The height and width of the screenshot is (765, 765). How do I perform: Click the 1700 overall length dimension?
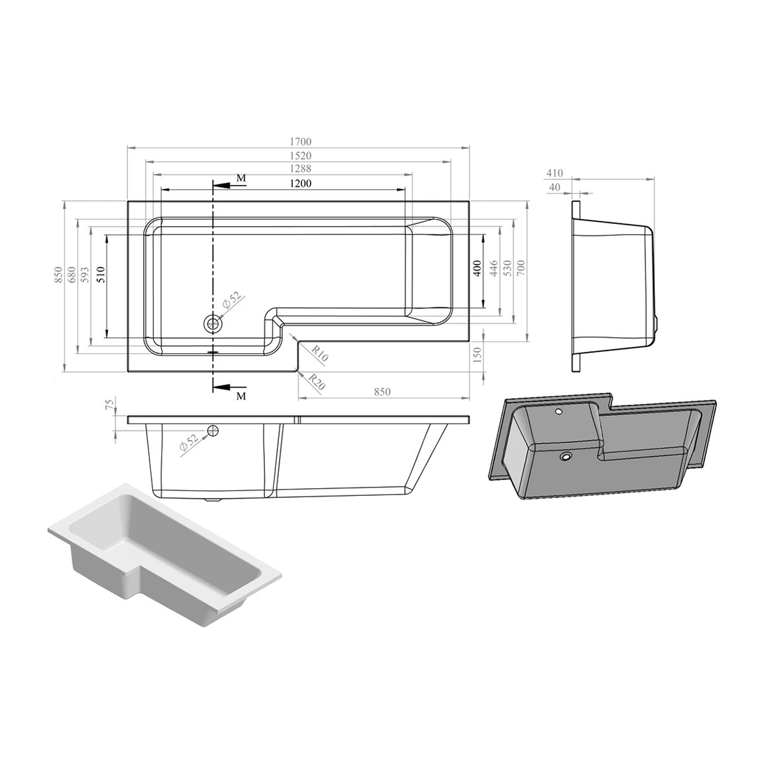coord(300,142)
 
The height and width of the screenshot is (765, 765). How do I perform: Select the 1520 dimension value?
coord(300,156)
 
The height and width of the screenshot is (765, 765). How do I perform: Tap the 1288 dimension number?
coord(300,169)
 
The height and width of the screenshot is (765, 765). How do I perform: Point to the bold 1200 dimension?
coord(300,184)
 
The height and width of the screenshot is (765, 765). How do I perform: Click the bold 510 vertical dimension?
coord(102,275)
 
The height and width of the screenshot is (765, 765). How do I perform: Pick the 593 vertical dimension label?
coord(85,275)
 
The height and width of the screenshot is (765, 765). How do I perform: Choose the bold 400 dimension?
coord(478,268)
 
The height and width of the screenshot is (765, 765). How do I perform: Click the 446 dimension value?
coord(493,268)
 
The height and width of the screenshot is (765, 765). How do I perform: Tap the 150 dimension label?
coord(478,354)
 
